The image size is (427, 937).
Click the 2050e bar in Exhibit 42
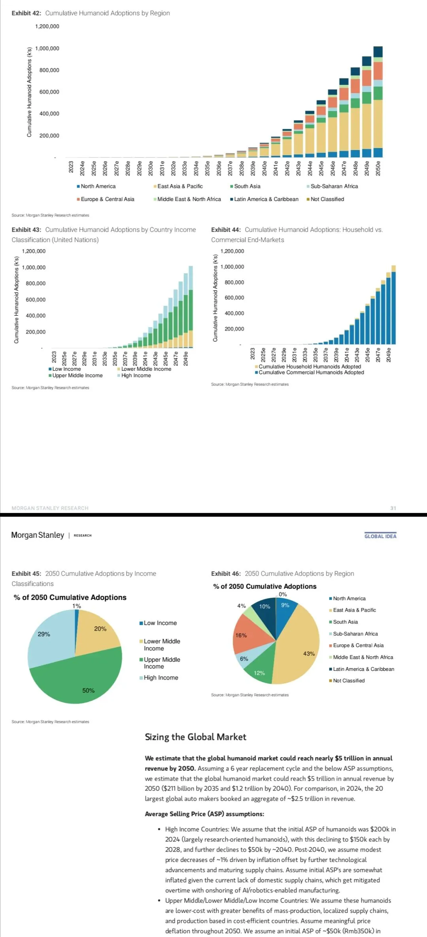click(x=378, y=118)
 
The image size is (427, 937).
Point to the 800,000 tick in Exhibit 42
click(x=49, y=70)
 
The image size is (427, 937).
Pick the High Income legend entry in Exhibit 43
click(x=136, y=376)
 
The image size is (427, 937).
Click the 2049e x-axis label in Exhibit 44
click(x=389, y=355)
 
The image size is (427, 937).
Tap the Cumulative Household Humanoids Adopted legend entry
click(x=310, y=366)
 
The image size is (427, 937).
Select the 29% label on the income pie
click(x=44, y=634)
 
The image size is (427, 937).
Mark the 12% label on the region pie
click(x=259, y=673)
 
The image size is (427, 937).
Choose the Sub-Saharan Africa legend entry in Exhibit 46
click(x=355, y=634)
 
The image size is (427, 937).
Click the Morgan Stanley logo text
click(x=38, y=535)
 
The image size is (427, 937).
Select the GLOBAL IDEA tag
click(x=380, y=536)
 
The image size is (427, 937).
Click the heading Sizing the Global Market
click(x=195, y=737)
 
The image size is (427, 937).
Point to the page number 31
click(x=393, y=508)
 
